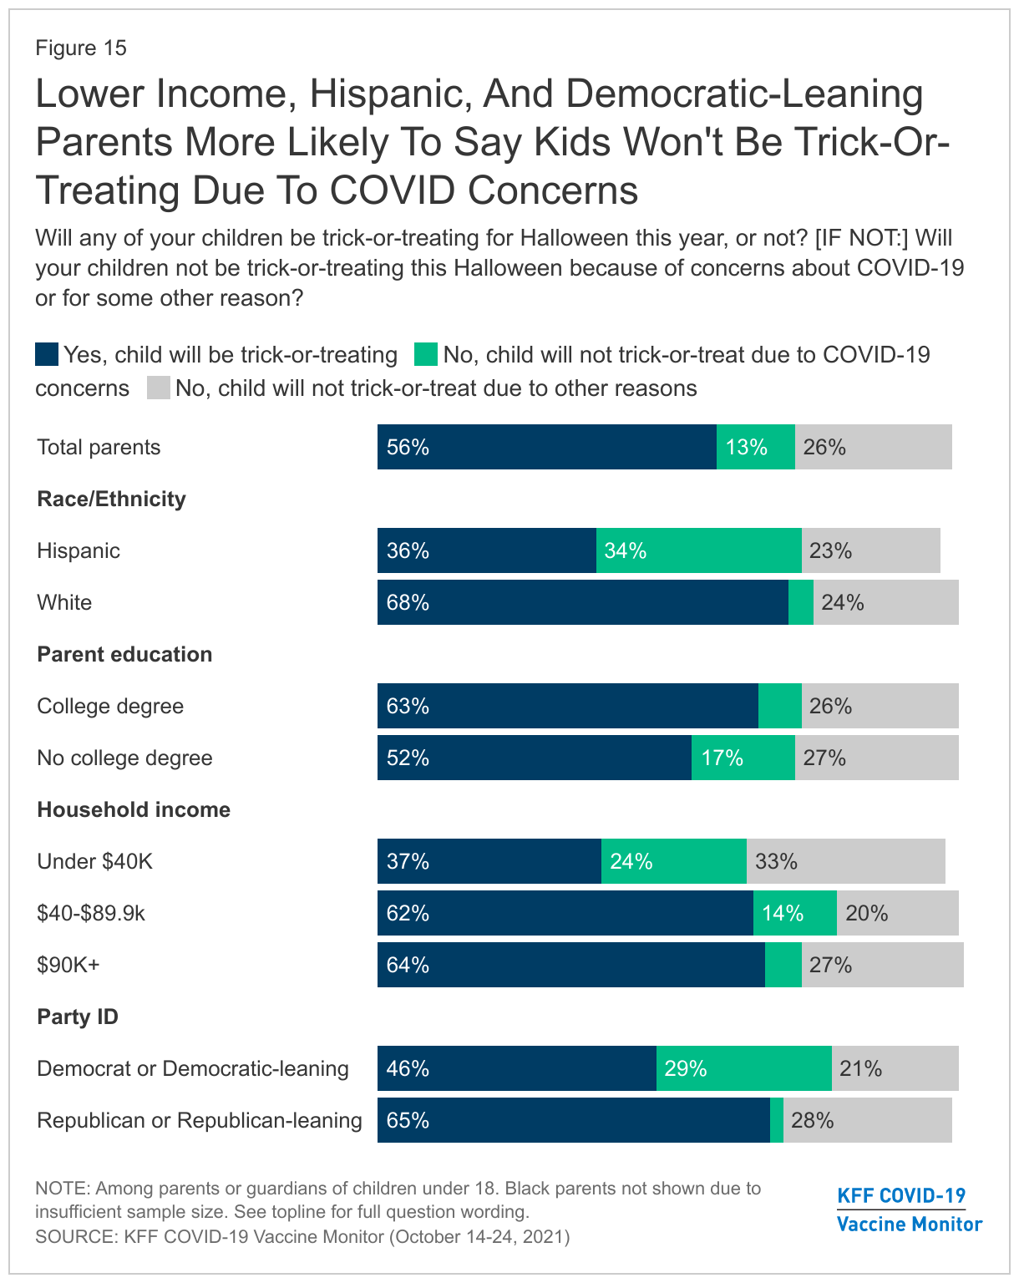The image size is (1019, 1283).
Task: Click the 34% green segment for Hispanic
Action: pyautogui.click(x=698, y=550)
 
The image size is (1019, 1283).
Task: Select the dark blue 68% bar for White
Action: pyautogui.click(x=582, y=602)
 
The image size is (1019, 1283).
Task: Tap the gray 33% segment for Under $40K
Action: pyautogui.click(x=845, y=861)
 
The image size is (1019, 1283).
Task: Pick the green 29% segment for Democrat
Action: pyautogui.click(x=743, y=1068)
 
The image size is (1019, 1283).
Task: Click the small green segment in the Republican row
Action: pyautogui.click(x=777, y=1120)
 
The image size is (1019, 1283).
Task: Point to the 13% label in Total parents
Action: pyautogui.click(x=746, y=448)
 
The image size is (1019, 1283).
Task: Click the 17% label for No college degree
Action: pyautogui.click(x=722, y=758)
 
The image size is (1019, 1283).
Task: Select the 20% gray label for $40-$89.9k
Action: pyautogui.click(x=866, y=913)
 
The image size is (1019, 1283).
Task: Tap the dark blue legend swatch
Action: pyautogui.click(x=47, y=354)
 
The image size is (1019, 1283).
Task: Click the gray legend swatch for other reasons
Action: pyautogui.click(x=159, y=388)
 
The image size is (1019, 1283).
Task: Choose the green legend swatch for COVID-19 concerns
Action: pyautogui.click(x=426, y=354)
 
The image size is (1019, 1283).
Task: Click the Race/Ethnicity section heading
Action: pyautogui.click(x=111, y=499)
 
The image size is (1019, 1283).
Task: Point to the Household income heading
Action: pyautogui.click(x=134, y=809)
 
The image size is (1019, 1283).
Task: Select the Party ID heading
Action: pyautogui.click(x=78, y=1017)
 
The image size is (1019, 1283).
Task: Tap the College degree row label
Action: pyautogui.click(x=110, y=706)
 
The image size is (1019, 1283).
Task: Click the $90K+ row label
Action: pyautogui.click(x=68, y=965)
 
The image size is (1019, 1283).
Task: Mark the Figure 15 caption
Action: pyautogui.click(x=81, y=48)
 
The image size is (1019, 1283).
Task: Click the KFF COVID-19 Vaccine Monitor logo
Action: pyautogui.click(x=909, y=1209)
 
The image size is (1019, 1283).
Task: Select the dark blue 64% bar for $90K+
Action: pyautogui.click(x=570, y=965)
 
